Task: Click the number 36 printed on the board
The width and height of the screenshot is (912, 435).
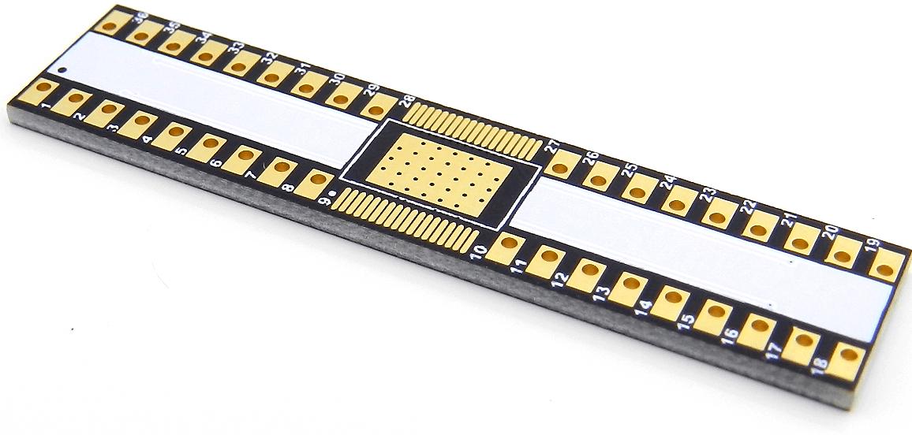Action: (x=142, y=17)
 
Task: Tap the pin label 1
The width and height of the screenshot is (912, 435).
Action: (x=46, y=104)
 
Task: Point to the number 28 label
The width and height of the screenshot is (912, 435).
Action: (x=407, y=101)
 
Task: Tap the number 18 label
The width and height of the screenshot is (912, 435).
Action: (x=818, y=366)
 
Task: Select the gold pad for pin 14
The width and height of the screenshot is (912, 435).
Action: (x=630, y=282)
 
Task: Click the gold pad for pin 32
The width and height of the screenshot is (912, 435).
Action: (x=275, y=73)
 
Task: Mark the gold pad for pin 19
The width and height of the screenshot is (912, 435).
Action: (x=885, y=269)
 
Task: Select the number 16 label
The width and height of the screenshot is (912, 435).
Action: (x=730, y=334)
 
